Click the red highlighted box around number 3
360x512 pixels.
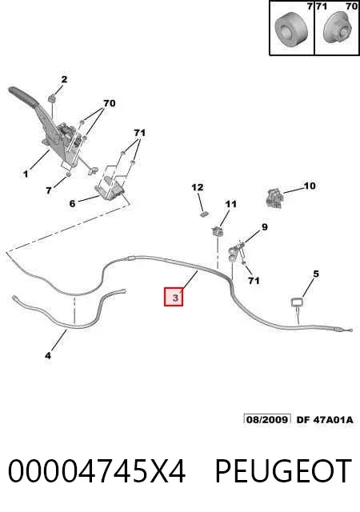174,297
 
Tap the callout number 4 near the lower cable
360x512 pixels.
48,355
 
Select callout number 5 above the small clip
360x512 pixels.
315,274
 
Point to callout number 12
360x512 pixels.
198,187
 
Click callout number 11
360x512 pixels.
230,205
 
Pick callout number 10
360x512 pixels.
310,186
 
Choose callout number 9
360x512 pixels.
265,227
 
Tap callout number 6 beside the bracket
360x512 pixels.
72,203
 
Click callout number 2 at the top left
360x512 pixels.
64,79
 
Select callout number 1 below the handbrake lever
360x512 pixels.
26,174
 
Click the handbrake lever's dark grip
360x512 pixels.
23,96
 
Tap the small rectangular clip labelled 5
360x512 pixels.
297,302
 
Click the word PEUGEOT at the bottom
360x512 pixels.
283,471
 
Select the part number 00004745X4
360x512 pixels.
97,471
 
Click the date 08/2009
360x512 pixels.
267,419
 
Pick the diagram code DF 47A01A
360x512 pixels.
325,419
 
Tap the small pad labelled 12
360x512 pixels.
205,214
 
